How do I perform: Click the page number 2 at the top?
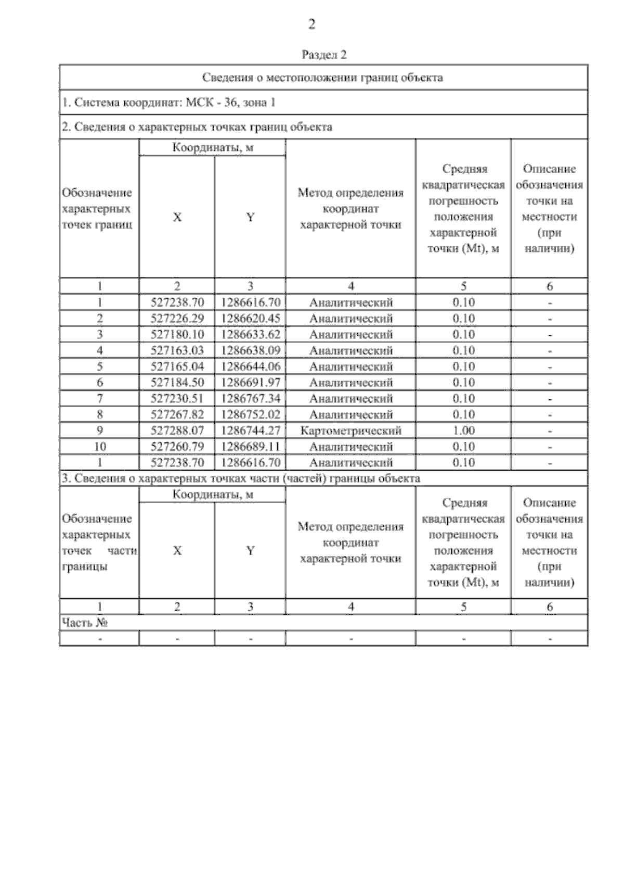pos(311,24)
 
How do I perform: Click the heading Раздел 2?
pos(324,55)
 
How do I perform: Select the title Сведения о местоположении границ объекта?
pos(322,78)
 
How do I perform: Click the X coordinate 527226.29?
pos(177,319)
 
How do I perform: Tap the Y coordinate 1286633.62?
pos(251,334)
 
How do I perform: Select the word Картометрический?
pos(351,431)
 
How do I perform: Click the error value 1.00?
pos(463,431)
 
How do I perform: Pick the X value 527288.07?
pos(177,431)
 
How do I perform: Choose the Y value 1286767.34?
pos(251,399)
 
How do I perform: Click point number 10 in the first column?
pos(100,447)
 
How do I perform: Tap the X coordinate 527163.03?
pos(177,350)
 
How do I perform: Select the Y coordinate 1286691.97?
pos(251,383)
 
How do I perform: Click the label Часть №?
pos(85,623)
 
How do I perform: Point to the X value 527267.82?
pos(177,414)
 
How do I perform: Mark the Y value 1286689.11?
pos(251,447)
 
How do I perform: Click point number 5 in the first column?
pos(100,366)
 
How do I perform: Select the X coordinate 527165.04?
pos(177,366)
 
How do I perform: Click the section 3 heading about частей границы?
pos(241,478)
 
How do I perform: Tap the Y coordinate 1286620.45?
pos(251,319)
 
